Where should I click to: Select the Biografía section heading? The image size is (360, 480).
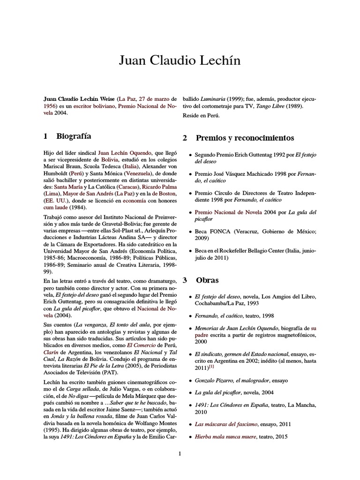click(x=74, y=136)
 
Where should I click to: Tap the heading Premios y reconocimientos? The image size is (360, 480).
click(x=245, y=138)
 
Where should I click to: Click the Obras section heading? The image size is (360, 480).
click(x=207, y=280)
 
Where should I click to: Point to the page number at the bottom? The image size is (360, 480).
click(x=180, y=453)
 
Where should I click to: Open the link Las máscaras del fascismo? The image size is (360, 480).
click(x=226, y=424)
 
